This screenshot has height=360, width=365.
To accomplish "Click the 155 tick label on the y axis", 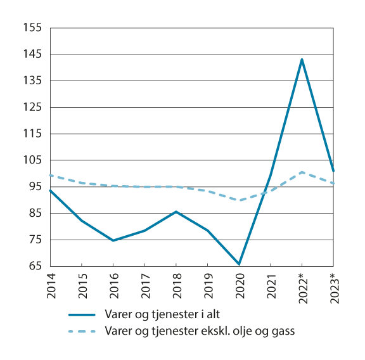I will (x=32, y=28).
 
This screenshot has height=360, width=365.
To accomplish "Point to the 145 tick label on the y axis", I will (x=32, y=55).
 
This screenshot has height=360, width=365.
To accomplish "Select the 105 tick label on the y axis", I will (x=32, y=160).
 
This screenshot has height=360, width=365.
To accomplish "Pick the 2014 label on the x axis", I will (x=50, y=285).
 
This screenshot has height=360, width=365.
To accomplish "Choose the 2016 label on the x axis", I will (x=113, y=285).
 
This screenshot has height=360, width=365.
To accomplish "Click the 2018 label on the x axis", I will (x=176, y=285).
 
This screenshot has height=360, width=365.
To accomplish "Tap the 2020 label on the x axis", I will (x=239, y=285).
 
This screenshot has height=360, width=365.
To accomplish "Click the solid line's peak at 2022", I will (x=302, y=60).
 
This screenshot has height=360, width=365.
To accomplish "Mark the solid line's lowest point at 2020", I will (x=239, y=264).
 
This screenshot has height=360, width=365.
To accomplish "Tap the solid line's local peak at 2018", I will (x=176, y=212).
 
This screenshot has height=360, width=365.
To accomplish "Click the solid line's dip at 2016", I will (x=113, y=241).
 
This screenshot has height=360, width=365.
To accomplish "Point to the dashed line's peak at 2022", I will (x=302, y=172).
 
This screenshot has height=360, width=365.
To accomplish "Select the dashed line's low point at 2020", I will (x=239, y=200).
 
